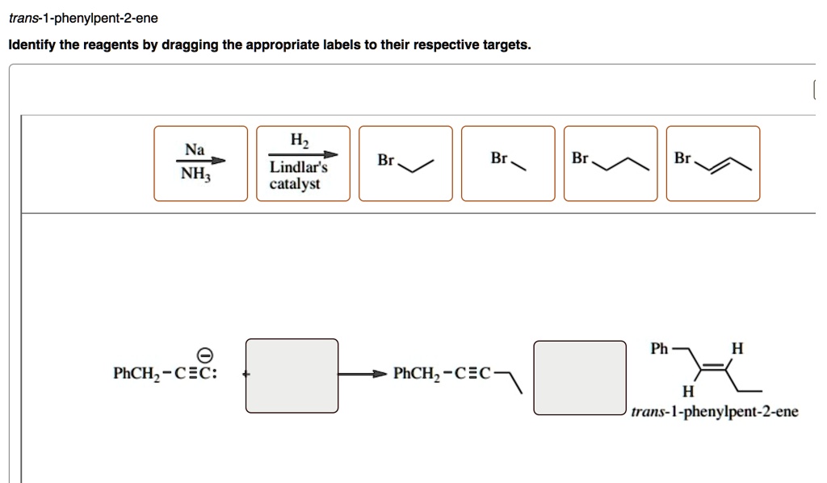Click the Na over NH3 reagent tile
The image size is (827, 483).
coord(201,162)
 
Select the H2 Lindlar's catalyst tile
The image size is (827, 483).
coord(303,162)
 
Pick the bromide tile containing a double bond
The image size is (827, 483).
coord(713,162)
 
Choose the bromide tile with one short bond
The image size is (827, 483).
coord(508,162)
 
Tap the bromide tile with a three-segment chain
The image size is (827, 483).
coord(611,162)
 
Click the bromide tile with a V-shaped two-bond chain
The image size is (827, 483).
coord(405,162)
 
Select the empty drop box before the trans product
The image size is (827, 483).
coord(580,377)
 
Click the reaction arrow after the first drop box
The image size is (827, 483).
coord(361,374)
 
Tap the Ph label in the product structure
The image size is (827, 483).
coord(659,349)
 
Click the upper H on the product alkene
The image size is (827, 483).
coord(735,349)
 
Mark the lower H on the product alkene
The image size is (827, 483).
coord(686,393)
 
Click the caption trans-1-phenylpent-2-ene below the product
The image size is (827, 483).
coord(715,412)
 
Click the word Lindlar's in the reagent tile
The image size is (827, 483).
coord(298,169)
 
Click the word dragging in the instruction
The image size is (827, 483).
coord(191,45)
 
